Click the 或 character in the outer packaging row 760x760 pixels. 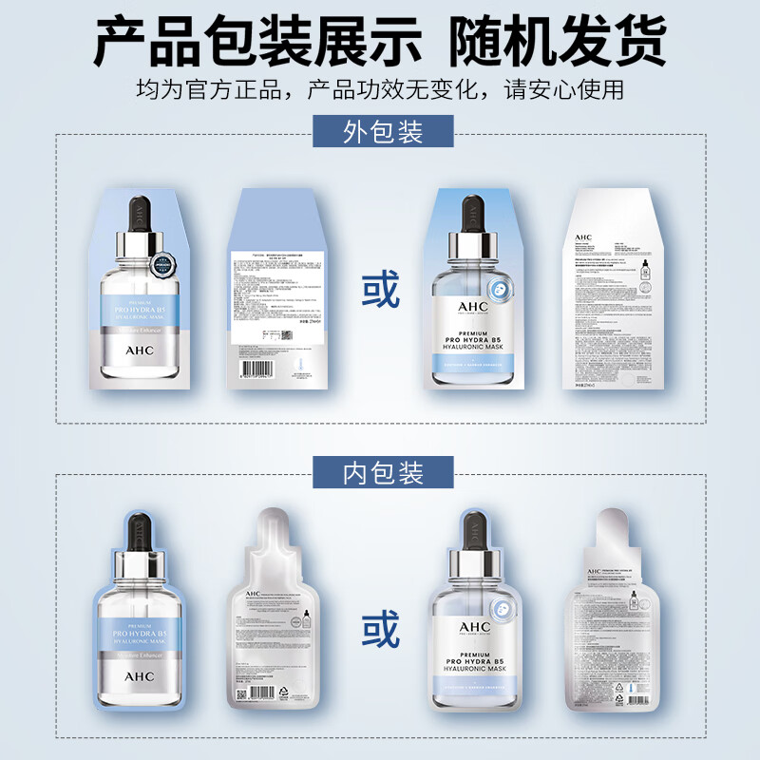[x=380, y=291]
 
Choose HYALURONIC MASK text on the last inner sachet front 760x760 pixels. [x=474, y=672]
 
